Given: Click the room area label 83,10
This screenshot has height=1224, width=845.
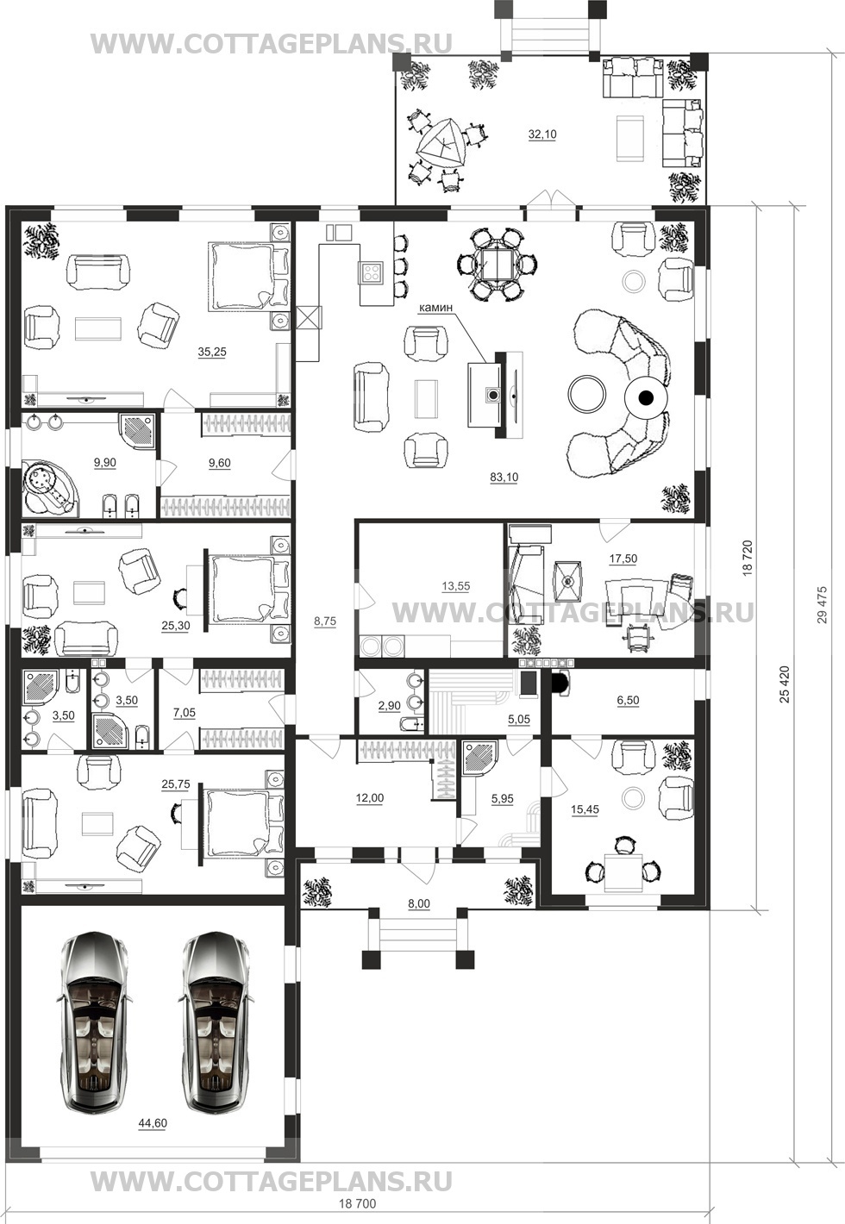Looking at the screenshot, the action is (504, 477).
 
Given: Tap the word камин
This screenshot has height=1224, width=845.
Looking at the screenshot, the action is (435, 309).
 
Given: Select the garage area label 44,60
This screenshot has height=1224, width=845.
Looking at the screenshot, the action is (153, 1123).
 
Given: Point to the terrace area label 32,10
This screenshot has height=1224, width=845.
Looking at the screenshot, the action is (542, 134).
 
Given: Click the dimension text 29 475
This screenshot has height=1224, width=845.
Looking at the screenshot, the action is (823, 605).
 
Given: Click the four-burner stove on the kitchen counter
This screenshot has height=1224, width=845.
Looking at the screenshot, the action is (371, 272).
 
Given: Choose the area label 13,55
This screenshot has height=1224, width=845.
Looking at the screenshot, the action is (456, 586).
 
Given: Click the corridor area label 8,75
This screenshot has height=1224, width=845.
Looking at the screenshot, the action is (325, 621).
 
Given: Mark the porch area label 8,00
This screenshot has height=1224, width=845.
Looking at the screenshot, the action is (419, 904).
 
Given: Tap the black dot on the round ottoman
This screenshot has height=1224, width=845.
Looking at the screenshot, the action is (646, 397).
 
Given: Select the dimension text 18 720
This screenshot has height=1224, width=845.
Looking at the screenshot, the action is (748, 558).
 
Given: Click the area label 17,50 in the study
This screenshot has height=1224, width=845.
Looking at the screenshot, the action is (623, 559).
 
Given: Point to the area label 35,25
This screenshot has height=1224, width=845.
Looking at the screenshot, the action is (212, 352).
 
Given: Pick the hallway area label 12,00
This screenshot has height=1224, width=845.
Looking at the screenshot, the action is (370, 798).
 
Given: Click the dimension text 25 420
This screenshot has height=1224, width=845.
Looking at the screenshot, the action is (786, 684).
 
